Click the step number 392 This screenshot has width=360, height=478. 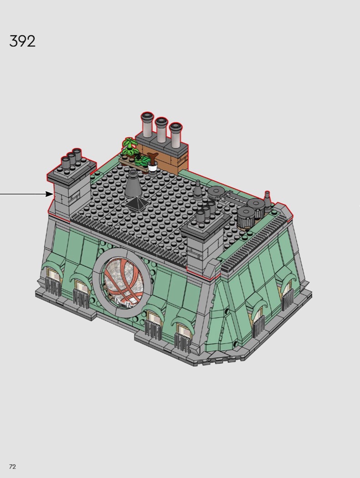click(x=22, y=41)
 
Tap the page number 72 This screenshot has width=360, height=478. click(x=12, y=467)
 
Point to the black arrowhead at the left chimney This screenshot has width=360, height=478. click(x=49, y=194)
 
